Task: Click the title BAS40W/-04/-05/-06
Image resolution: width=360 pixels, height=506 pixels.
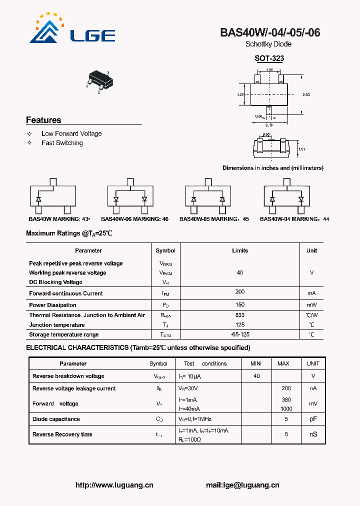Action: click(x=270, y=33)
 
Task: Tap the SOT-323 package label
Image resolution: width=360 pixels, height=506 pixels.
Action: click(x=269, y=58)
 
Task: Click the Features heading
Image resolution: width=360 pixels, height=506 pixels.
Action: click(x=43, y=120)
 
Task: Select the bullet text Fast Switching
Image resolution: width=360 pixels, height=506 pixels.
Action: click(x=62, y=143)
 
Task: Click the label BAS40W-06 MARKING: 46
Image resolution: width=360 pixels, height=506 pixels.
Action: click(x=134, y=219)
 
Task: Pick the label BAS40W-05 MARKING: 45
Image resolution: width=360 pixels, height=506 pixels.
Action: click(x=214, y=219)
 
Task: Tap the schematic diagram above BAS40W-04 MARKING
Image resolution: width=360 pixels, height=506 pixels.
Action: click(x=287, y=195)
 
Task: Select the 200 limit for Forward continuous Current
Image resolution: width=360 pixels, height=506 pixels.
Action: click(x=240, y=291)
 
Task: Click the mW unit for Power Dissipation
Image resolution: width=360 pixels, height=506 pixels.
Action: click(x=311, y=305)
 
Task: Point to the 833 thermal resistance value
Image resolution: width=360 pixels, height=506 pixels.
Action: click(x=240, y=315)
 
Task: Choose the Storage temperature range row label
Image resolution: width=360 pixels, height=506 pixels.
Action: click(x=64, y=334)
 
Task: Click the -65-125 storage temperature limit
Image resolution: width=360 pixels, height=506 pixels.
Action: click(x=240, y=334)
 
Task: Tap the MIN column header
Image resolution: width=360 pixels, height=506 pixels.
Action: click(x=256, y=363)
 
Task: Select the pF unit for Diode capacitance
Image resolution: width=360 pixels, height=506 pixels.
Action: click(x=313, y=419)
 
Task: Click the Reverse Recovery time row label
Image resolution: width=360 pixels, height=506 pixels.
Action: click(x=62, y=434)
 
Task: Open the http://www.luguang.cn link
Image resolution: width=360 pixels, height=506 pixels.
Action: click(x=114, y=485)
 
